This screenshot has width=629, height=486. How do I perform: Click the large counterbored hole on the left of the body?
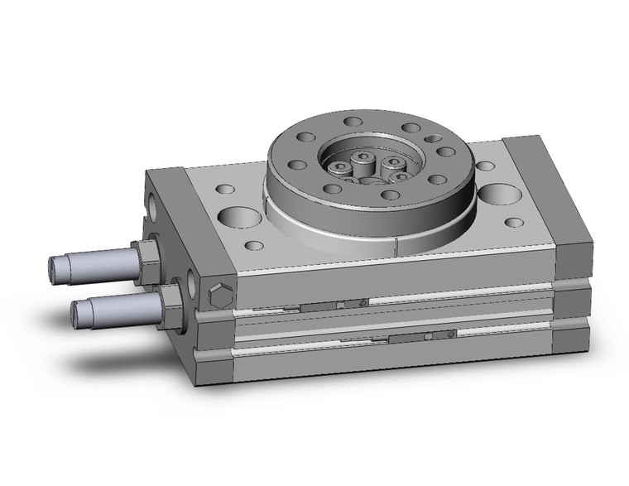pyautogui.click(x=236, y=218)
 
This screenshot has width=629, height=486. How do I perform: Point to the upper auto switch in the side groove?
pyautogui.click(x=331, y=306)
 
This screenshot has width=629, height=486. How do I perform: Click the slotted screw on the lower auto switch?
pyautogui.click(x=448, y=334)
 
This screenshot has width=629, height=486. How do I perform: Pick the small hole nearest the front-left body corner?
pyautogui.click(x=254, y=245)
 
